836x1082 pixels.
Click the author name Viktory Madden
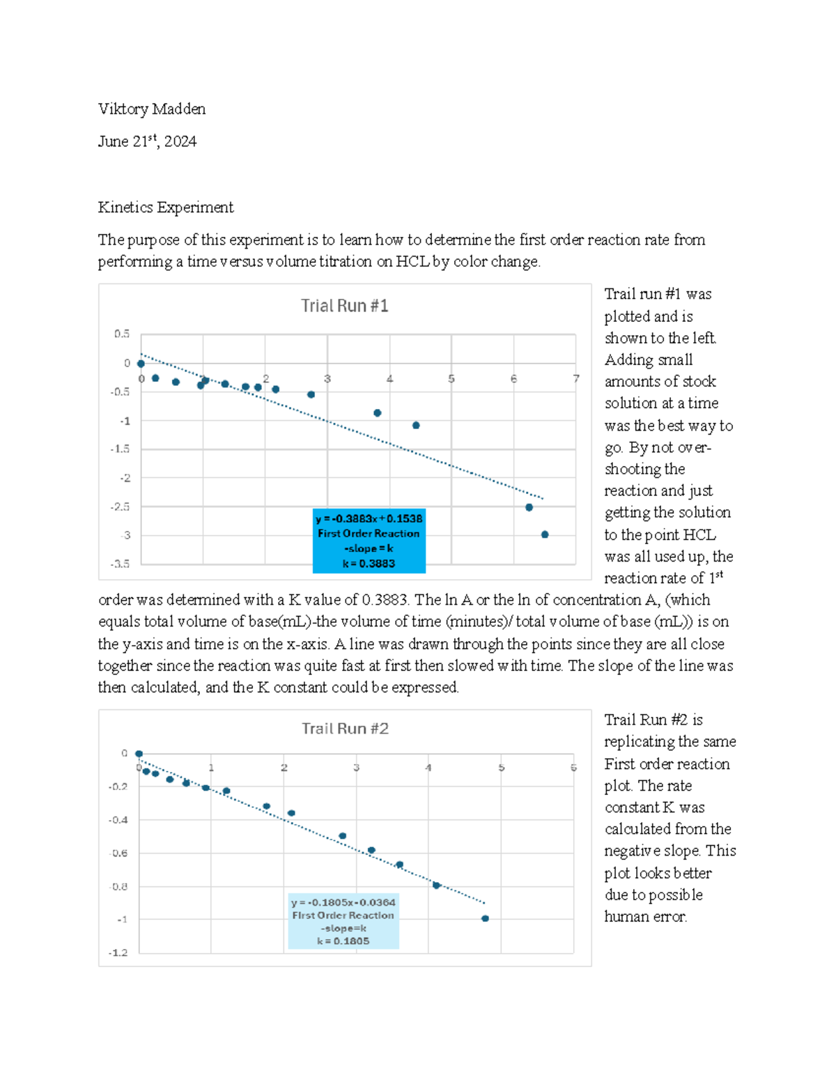click(152, 109)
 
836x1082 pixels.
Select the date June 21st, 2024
click(147, 141)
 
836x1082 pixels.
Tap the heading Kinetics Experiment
click(166, 207)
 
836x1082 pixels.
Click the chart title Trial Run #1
click(344, 306)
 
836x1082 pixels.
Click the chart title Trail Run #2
click(345, 729)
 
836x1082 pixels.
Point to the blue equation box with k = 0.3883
click(369, 541)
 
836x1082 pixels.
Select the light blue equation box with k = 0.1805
click(343, 921)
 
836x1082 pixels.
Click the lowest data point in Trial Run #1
click(545, 534)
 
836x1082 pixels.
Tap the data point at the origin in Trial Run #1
click(141, 364)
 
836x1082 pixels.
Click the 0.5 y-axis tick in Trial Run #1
click(122, 334)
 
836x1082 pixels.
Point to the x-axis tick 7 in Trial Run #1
click(576, 379)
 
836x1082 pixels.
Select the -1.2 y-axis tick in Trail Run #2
click(118, 952)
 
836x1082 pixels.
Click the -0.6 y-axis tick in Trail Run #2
click(118, 853)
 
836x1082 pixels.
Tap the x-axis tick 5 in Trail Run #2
click(501, 768)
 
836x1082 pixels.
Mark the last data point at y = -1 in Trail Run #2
click(486, 918)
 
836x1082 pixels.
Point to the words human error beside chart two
click(645, 916)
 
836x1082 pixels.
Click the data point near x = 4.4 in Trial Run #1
click(416, 425)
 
